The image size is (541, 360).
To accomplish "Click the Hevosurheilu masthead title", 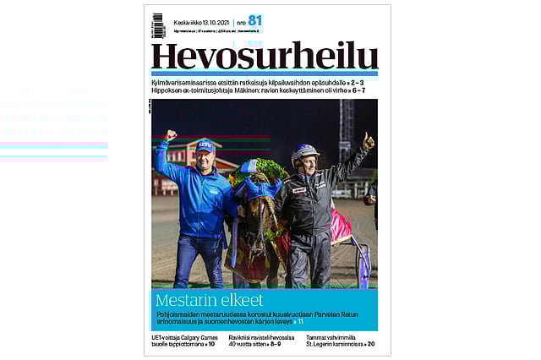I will pyautogui.click(x=264, y=55).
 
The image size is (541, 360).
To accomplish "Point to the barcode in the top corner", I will pyautogui.click(x=158, y=25).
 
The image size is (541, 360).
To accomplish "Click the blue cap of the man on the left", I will pyautogui.click(x=205, y=145).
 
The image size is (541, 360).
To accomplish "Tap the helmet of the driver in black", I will pyautogui.click(x=305, y=152).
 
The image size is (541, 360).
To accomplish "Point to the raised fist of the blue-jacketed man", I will pyautogui.click(x=172, y=135).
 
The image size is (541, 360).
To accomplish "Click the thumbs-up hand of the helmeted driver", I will pyautogui.click(x=368, y=139).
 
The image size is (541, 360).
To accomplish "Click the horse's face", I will pyautogui.click(x=259, y=220).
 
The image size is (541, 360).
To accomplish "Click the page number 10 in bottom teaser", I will pyautogui.click(x=211, y=344).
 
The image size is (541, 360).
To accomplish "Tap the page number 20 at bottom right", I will pyautogui.click(x=371, y=344).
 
